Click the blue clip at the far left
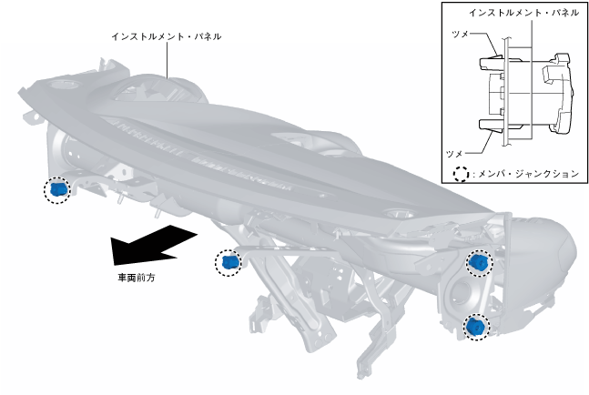[57, 189]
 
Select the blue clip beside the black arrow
[229, 263]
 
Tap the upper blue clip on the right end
[477, 263]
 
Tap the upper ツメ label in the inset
[461, 33]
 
